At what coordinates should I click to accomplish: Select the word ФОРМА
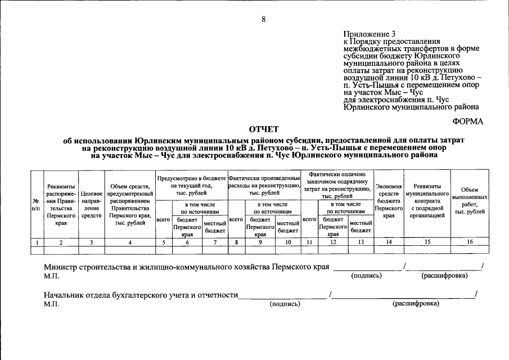(467, 121)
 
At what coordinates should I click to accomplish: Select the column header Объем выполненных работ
(470, 201)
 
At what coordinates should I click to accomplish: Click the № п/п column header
(36, 204)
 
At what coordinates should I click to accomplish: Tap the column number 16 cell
(470, 242)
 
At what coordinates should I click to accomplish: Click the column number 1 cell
(36, 242)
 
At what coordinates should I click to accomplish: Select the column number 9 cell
(260, 242)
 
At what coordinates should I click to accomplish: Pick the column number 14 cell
(389, 242)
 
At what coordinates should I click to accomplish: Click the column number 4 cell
(130, 242)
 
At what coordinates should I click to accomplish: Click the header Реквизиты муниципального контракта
(427, 200)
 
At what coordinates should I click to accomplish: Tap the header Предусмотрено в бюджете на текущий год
(192, 185)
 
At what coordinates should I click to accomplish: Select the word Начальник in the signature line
(65, 294)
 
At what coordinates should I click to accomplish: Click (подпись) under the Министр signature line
(366, 276)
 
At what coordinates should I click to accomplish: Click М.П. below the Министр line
(51, 277)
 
